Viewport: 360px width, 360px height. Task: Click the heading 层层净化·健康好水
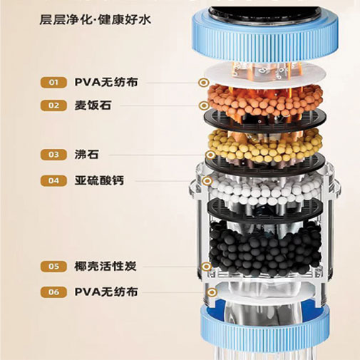pyautogui.click(x=96, y=19)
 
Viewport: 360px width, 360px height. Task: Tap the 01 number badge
pyautogui.click(x=53, y=83)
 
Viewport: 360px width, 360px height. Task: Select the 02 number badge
pyautogui.click(x=53, y=106)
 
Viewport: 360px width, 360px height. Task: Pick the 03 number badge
pyautogui.click(x=53, y=155)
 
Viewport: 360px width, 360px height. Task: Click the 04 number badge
pyautogui.click(x=53, y=181)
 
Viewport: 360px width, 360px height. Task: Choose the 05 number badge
pyautogui.click(x=53, y=267)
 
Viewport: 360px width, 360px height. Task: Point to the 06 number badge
pyautogui.click(x=53, y=292)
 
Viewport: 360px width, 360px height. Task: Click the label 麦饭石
pyautogui.click(x=93, y=106)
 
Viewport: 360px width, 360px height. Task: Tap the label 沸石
pyautogui.click(x=87, y=155)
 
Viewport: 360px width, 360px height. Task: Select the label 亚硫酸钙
pyautogui.click(x=99, y=181)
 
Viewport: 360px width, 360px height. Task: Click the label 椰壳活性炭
pyautogui.click(x=106, y=267)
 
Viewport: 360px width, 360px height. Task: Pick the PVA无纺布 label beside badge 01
pyautogui.click(x=106, y=83)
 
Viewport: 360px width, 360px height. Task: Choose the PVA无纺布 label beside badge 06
pyautogui.click(x=106, y=292)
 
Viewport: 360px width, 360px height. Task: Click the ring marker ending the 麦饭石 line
pyautogui.click(x=204, y=106)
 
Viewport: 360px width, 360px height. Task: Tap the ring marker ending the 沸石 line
pyautogui.click(x=210, y=155)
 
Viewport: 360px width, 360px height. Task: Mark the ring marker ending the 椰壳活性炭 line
pyautogui.click(x=206, y=267)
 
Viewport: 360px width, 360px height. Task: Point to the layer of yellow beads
pyautogui.click(x=265, y=145)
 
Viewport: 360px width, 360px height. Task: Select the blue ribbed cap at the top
pyautogui.click(x=264, y=36)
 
